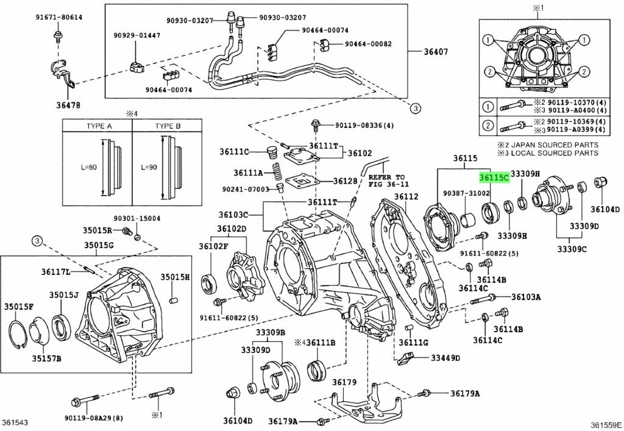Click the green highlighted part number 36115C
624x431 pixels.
pyautogui.click(x=494, y=177)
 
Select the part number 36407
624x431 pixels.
pyautogui.click(x=436, y=52)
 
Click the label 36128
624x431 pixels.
pyautogui.click(x=346, y=181)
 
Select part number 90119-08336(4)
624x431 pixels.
pyautogui.click(x=364, y=126)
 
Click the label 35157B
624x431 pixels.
pyautogui.click(x=47, y=358)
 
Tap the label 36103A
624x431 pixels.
pyautogui.click(x=526, y=297)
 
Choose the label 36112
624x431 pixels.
pyautogui.click(x=406, y=197)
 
